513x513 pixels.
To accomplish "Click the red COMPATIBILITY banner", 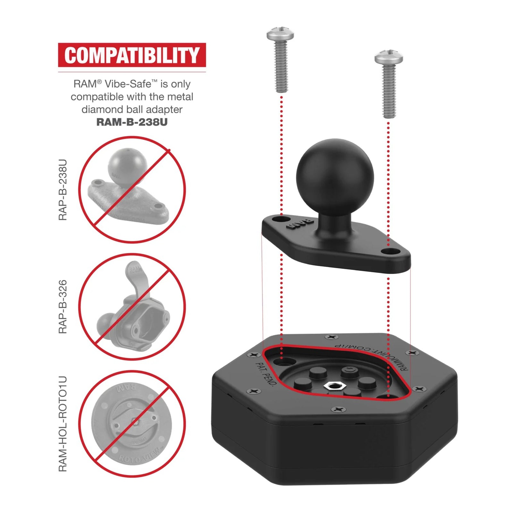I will click(x=132, y=55).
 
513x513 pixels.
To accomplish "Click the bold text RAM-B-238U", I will click(x=132, y=122).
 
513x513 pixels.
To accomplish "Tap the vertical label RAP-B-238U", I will click(x=63, y=190).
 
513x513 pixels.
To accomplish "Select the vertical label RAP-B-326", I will click(x=63, y=307).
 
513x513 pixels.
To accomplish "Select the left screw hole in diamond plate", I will click(x=280, y=219).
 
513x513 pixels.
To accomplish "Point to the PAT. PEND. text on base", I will click(x=265, y=374).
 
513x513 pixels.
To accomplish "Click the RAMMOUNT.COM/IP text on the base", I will click(x=372, y=356).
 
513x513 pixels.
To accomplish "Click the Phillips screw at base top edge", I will click(x=331, y=337).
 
